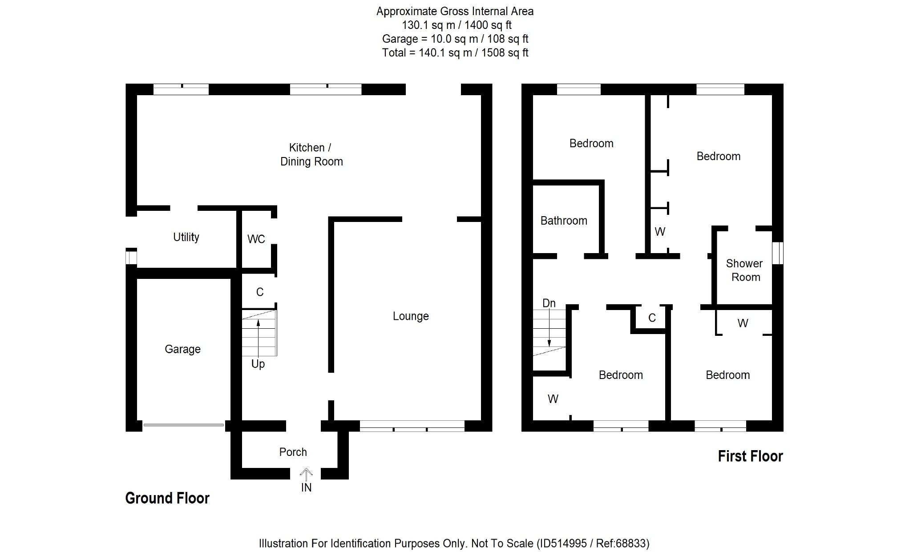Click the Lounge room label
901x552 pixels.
click(x=410, y=316)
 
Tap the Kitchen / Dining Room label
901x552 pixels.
click(x=311, y=154)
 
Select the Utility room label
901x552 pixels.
click(x=186, y=237)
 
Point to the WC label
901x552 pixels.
click(x=256, y=239)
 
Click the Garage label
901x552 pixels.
click(x=182, y=349)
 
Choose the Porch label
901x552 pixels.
click(x=293, y=452)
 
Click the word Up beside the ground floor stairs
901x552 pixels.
click(x=258, y=364)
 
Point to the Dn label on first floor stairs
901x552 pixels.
click(x=549, y=303)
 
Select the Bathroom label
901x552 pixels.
click(x=563, y=221)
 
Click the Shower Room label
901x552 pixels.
click(x=745, y=270)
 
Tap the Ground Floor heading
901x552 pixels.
click(x=167, y=498)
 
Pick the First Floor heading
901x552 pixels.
click(x=750, y=456)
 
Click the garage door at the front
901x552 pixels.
click(x=183, y=425)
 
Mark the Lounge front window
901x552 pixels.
click(x=412, y=427)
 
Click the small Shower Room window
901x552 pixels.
click(x=777, y=253)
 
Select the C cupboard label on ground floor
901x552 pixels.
click(x=260, y=292)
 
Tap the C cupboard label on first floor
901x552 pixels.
click(x=652, y=318)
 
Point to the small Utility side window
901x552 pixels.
click(x=131, y=258)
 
